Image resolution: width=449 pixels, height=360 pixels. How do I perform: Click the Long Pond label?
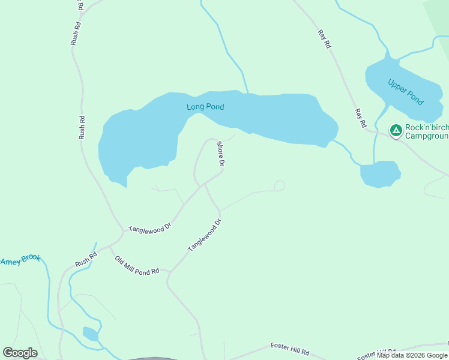click(205, 107)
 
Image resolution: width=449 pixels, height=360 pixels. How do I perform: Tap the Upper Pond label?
click(406, 91)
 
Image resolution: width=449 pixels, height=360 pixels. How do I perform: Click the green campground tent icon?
click(396, 130)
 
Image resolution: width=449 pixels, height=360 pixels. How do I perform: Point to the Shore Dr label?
click(220, 154)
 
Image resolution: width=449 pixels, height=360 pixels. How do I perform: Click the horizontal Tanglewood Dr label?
click(150, 227)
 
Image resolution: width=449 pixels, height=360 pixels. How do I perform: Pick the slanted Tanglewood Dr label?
click(205, 235)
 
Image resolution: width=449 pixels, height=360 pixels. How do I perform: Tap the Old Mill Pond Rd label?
click(137, 265)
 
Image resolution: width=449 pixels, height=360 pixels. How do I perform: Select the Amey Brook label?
click(20, 260)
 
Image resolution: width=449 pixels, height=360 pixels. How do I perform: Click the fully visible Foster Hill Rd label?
click(289, 348)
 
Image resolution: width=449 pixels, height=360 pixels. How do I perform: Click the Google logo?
click(20, 353)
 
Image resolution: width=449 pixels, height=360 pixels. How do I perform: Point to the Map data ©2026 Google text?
click(412, 355)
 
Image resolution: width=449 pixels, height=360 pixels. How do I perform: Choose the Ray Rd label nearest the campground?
click(360, 118)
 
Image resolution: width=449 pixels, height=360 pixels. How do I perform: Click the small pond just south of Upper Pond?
click(379, 174)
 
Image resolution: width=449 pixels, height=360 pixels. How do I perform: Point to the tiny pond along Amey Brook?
click(90, 334)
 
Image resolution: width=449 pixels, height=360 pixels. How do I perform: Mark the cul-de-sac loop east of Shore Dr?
click(279, 185)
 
